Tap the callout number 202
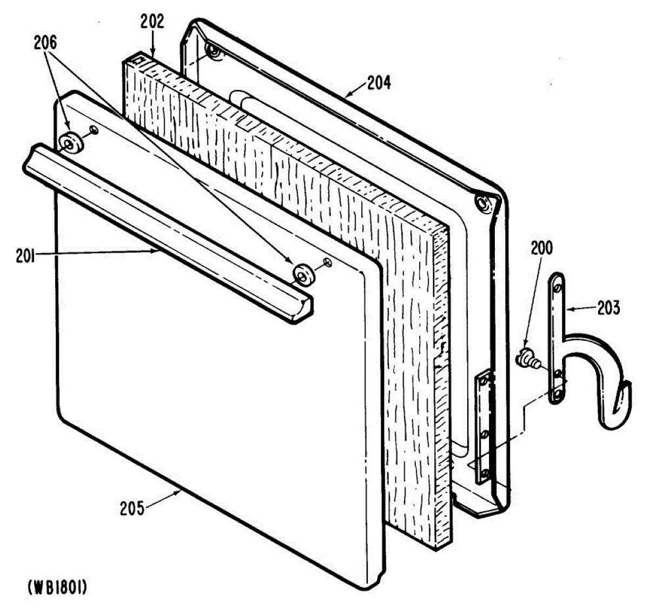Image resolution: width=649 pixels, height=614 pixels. click(x=152, y=22)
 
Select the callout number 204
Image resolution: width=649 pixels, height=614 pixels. click(x=379, y=83)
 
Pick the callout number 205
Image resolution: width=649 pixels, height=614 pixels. click(x=133, y=509)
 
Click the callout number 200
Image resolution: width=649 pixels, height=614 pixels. click(x=541, y=248)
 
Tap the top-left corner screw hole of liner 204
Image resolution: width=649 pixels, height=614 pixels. click(x=214, y=53)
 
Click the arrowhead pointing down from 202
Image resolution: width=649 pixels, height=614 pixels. click(x=153, y=52)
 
